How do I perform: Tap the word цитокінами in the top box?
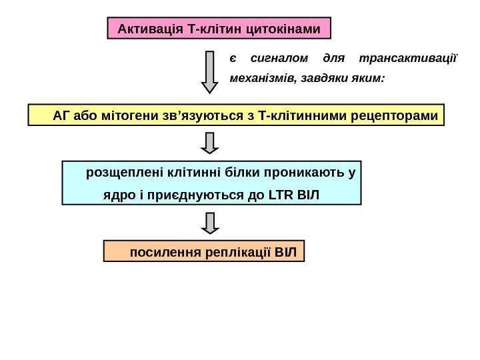[x=283, y=29]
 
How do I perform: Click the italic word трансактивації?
[x=408, y=58]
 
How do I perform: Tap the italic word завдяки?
[x=325, y=78]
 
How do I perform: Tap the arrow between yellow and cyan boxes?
[x=210, y=142]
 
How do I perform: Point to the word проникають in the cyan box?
[x=305, y=174]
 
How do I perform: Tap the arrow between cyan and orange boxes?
[x=210, y=223]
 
